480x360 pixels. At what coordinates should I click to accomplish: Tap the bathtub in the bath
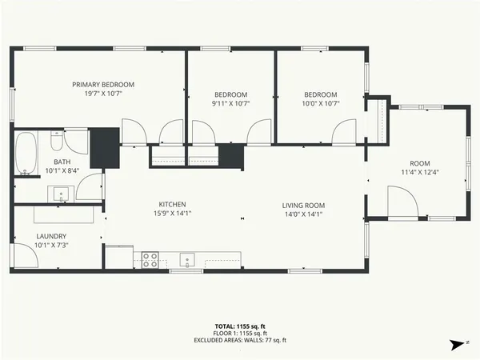tap(26, 154)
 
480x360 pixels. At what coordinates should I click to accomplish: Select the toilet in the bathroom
tap(56, 143)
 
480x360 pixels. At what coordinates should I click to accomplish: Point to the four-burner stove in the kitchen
tap(150, 258)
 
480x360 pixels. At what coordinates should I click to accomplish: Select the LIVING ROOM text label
tap(303, 205)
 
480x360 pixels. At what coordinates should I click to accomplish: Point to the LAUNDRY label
tap(51, 236)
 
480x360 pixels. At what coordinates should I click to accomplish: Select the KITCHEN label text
tap(172, 205)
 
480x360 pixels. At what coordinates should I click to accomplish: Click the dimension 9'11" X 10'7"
tap(230, 102)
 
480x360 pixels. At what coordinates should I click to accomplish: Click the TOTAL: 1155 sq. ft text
tap(239, 326)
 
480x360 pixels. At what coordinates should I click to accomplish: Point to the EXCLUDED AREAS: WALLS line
tap(239, 340)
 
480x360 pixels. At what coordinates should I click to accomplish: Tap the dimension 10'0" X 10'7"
tap(321, 102)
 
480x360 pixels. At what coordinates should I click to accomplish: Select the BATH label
tap(39, 162)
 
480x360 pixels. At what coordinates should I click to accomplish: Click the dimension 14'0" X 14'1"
tap(303, 214)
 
